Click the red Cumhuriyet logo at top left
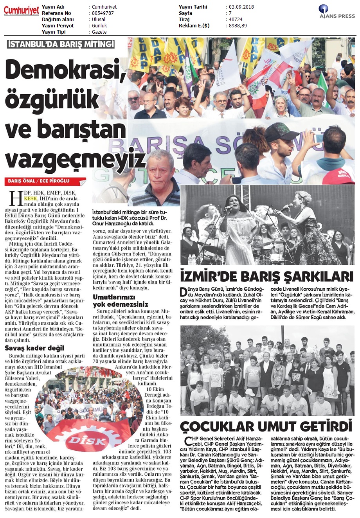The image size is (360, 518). (21, 11)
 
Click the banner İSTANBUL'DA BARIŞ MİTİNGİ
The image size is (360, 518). (61, 44)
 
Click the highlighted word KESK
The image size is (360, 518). (30, 199)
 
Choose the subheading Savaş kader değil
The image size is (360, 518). (34, 348)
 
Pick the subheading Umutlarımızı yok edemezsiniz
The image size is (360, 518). (121, 300)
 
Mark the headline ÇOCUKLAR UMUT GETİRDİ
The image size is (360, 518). (266, 426)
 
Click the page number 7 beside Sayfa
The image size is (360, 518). (230, 13)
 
